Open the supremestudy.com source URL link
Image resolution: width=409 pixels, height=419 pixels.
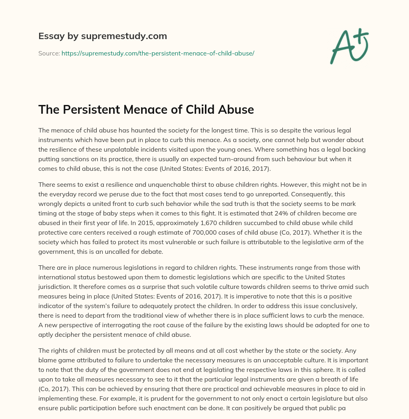tap(158, 53)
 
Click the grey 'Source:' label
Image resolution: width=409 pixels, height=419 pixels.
tap(49, 53)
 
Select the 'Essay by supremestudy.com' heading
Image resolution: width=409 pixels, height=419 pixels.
tap(103, 36)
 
